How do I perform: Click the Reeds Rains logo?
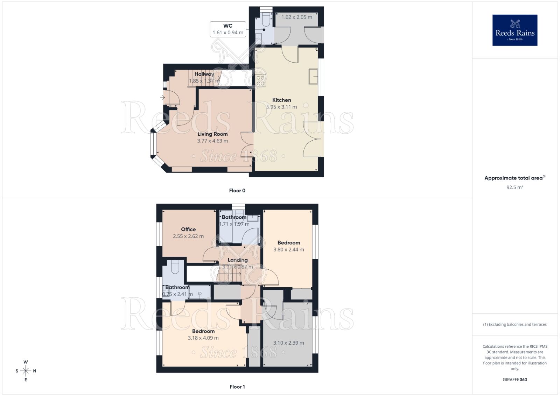(514, 30)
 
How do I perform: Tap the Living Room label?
(212, 134)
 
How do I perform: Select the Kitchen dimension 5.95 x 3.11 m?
(281, 107)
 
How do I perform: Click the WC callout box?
(228, 29)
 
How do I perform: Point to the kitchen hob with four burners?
(260, 80)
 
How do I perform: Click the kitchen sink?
(313, 76)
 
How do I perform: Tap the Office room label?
(188, 229)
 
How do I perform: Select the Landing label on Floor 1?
(238, 260)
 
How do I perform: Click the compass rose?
(26, 371)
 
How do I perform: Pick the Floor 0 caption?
(237, 191)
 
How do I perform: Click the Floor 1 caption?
(237, 387)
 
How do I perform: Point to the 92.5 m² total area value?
(514, 187)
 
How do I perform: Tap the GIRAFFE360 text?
(514, 380)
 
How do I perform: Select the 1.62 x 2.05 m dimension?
(296, 17)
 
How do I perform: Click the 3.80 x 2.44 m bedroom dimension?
(288, 250)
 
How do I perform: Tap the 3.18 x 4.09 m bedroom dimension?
(203, 338)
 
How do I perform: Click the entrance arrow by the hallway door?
(162, 97)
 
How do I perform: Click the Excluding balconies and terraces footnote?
(514, 324)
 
